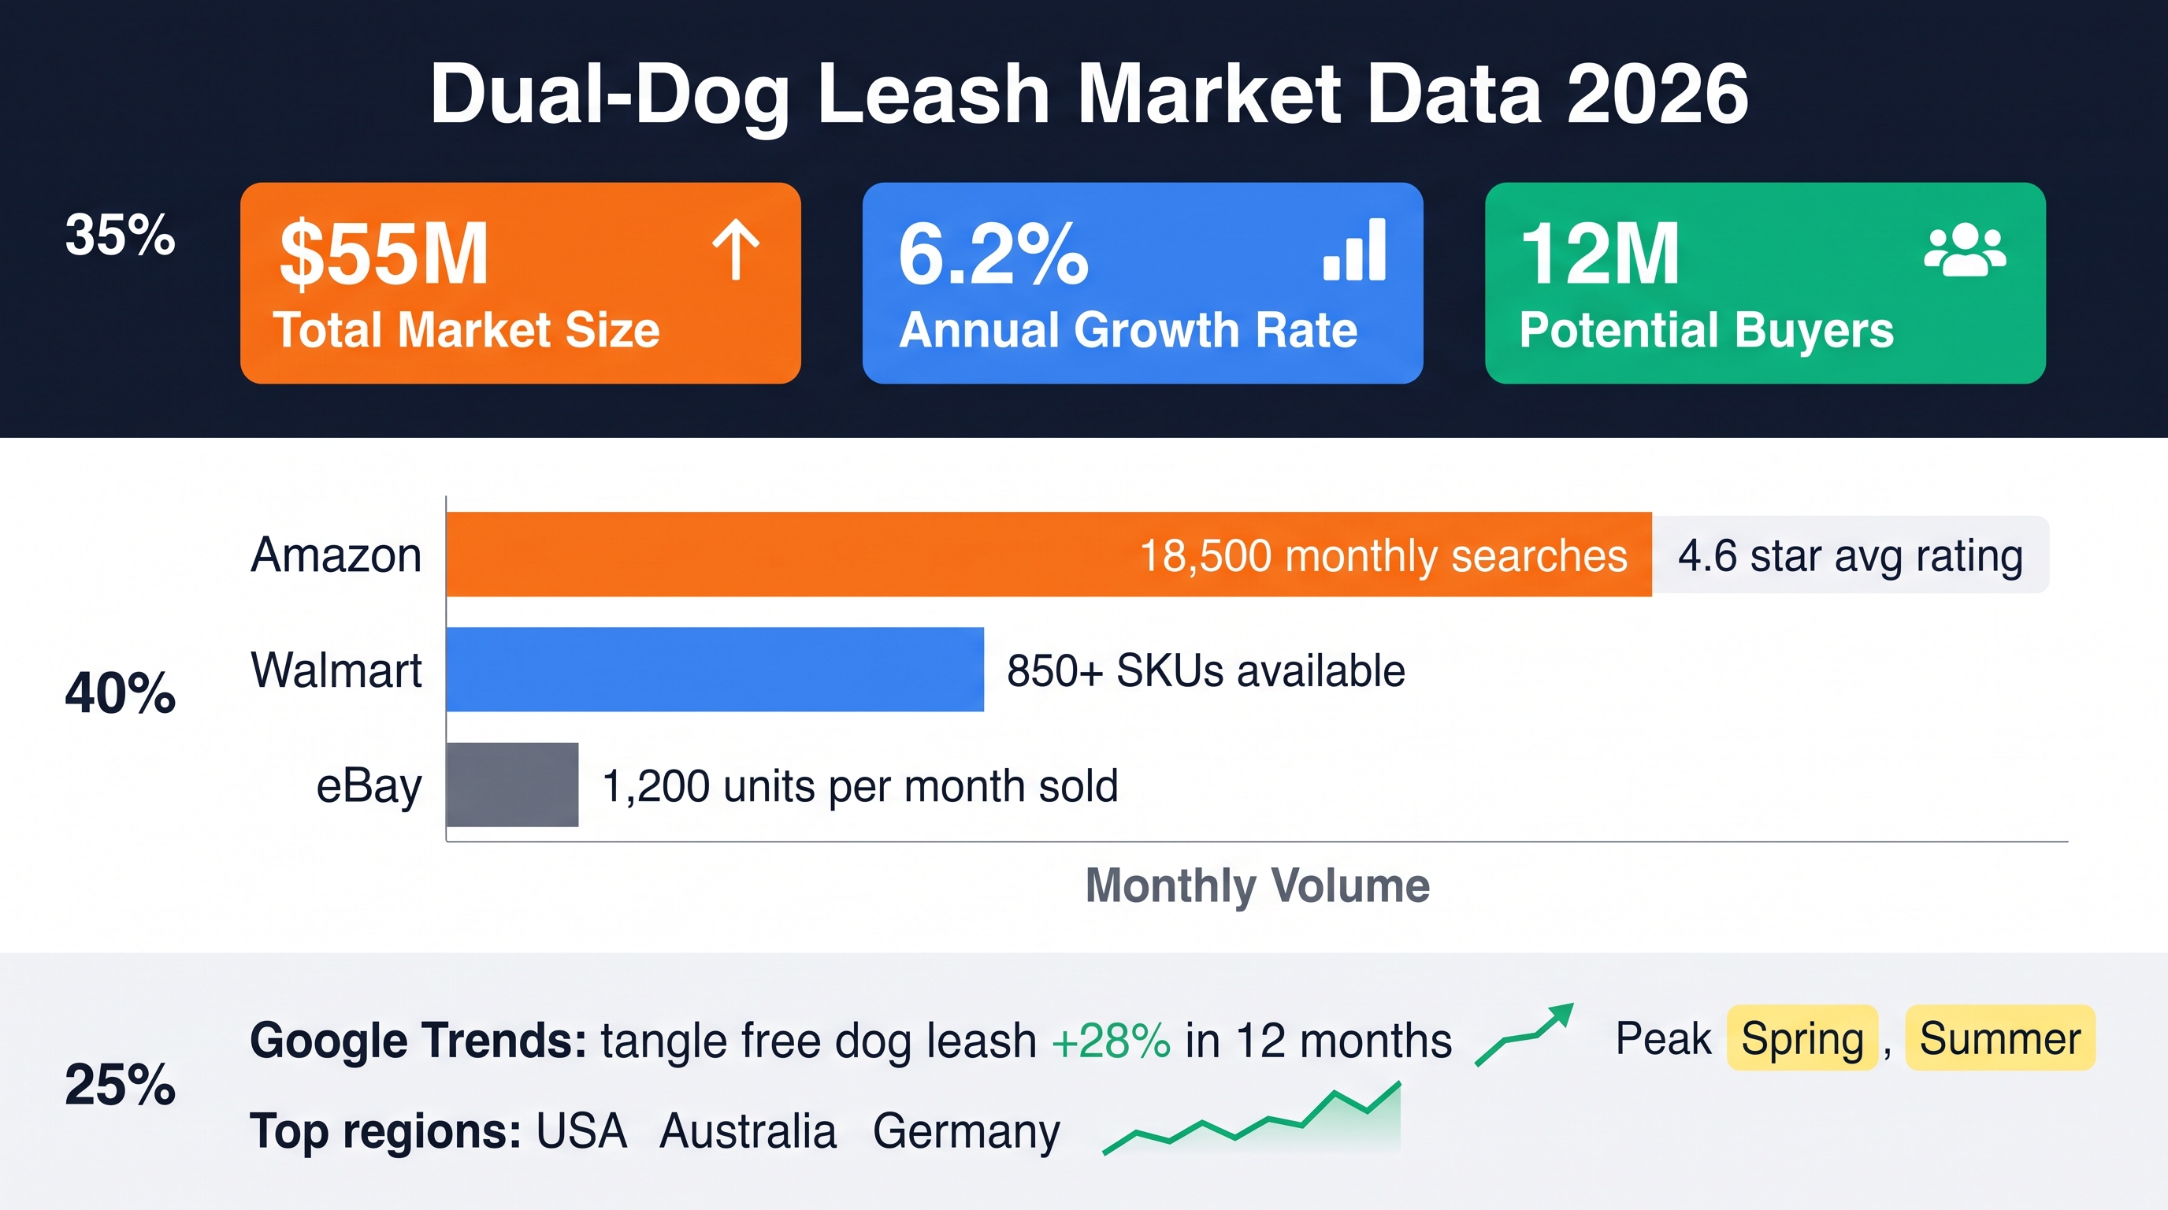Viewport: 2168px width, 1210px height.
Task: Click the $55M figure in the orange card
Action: [384, 254]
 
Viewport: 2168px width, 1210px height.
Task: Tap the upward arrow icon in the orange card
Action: [737, 249]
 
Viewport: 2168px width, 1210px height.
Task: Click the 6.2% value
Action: [993, 254]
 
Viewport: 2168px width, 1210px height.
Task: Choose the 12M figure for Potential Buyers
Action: [1600, 254]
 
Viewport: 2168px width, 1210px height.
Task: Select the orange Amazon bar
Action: [1049, 555]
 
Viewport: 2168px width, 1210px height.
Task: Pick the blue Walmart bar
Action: [715, 670]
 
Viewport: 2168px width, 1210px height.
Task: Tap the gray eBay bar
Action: [513, 785]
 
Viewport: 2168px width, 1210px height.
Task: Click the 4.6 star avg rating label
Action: [1851, 555]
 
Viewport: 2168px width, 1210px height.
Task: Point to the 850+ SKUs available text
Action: [1206, 670]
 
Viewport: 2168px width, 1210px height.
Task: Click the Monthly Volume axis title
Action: [1257, 885]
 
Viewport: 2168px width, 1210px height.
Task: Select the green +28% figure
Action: [1111, 1041]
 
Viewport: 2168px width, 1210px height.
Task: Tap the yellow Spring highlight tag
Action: [1802, 1037]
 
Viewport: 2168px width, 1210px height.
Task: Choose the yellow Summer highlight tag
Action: [1999, 1037]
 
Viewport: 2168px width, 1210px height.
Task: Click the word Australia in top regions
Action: [748, 1131]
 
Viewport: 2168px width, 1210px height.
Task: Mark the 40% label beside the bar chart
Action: [121, 693]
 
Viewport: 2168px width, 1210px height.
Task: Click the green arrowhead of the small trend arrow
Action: [1561, 1014]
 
